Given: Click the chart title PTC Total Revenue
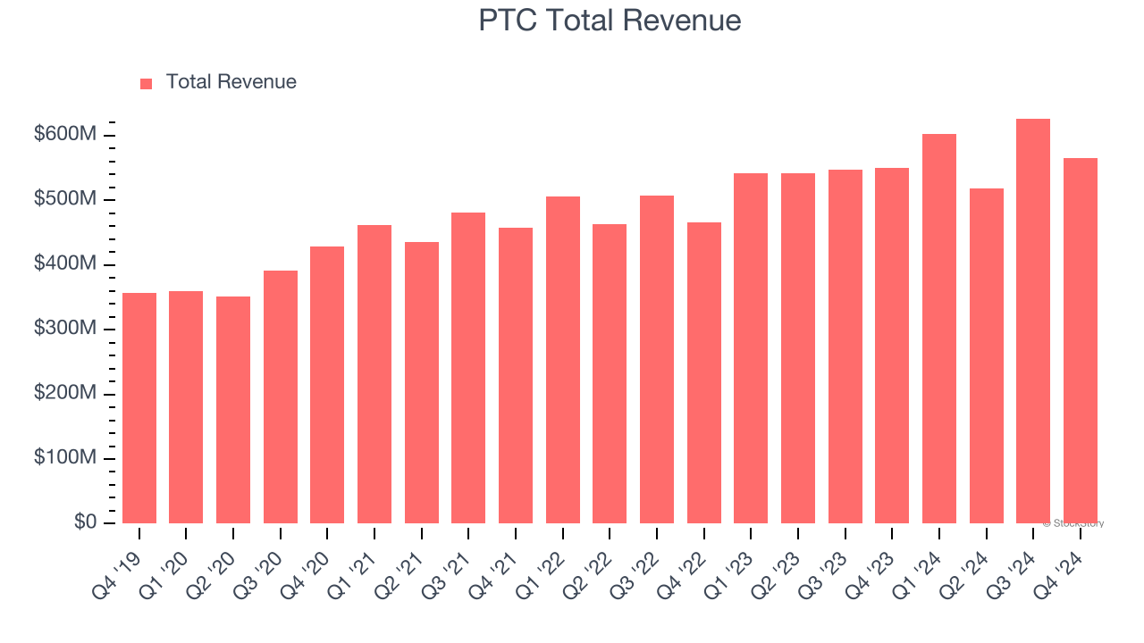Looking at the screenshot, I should point(610,21).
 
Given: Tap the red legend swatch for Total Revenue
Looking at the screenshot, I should point(147,83).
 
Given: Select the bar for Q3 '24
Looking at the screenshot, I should point(1033,321).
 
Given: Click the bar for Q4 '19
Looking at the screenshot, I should point(139,408).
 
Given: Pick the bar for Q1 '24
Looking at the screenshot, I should point(939,329).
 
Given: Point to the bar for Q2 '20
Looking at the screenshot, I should point(233,410).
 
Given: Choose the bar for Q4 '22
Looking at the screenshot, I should point(704,372).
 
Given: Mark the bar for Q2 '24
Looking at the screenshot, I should point(987,355).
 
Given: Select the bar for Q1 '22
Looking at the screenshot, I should point(563,360).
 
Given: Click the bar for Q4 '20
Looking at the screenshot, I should point(327,385).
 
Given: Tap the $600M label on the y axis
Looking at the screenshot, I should point(65,135).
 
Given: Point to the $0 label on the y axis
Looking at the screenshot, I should point(84,522).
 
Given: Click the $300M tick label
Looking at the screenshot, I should point(65,329).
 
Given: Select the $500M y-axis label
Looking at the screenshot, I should point(65,199).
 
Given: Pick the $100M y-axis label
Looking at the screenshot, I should point(65,458).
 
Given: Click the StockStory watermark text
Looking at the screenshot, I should point(1073,523).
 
